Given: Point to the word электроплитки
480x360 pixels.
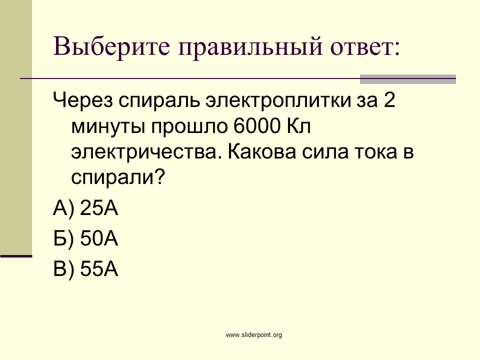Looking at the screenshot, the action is pyautogui.click(x=278, y=100).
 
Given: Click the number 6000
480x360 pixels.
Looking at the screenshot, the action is pyautogui.click(x=257, y=125).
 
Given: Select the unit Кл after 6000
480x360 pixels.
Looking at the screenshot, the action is pyautogui.click(x=299, y=125).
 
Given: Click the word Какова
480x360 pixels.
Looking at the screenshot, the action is pyautogui.click(x=262, y=151).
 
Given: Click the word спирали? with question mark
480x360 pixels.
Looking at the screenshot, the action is pyautogui.click(x=118, y=177).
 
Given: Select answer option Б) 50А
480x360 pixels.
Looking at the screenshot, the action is pyautogui.click(x=85, y=238).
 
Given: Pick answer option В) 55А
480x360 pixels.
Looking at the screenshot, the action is pyautogui.click(x=85, y=269).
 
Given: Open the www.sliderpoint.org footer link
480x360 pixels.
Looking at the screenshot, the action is pyautogui.click(x=254, y=335).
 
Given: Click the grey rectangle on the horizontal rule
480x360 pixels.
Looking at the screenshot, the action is pyautogui.click(x=408, y=79).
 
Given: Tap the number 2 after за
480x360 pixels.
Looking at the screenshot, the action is pyautogui.click(x=389, y=100).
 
